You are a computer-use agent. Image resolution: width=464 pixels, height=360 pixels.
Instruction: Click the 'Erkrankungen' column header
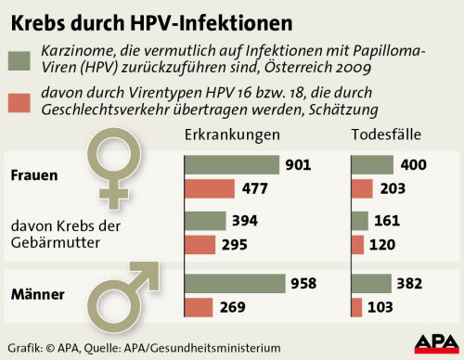click(x=233, y=135)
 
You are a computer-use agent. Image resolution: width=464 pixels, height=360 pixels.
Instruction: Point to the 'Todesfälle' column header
click(x=386, y=135)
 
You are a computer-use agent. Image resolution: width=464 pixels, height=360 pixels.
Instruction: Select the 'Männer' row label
click(x=36, y=295)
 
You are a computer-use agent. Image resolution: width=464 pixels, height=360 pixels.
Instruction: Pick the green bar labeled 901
click(x=232, y=164)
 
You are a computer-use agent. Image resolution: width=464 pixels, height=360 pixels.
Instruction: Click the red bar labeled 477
click(x=210, y=188)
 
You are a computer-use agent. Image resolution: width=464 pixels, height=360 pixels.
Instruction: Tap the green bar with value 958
click(x=235, y=284)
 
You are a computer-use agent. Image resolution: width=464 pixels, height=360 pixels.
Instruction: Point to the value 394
click(x=245, y=222)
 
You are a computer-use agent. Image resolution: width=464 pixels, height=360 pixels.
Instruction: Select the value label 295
click(x=245, y=246)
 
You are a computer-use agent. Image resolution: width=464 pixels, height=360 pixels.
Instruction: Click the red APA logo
click(x=432, y=343)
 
